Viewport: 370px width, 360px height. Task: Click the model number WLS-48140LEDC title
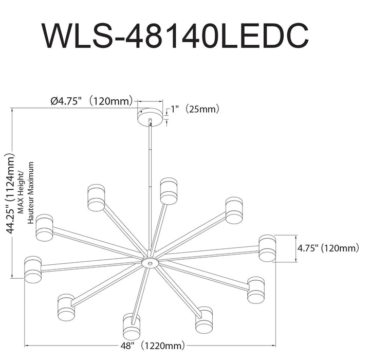tap(175, 35)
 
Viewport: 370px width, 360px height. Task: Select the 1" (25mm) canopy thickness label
tap(195, 109)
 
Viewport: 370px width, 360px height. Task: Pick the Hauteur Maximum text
tap(31, 193)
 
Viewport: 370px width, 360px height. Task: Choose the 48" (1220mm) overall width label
tap(153, 346)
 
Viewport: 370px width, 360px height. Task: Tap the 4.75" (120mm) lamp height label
tap(328, 248)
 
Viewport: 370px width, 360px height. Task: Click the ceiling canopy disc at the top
tap(150, 117)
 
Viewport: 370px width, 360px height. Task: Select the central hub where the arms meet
tap(150, 263)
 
